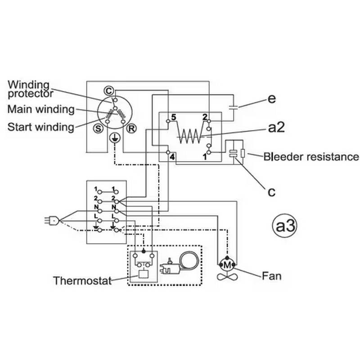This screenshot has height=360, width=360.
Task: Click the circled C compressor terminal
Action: [108, 90]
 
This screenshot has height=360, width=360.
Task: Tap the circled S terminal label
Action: [98, 127]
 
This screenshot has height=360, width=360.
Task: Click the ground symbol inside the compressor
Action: [115, 138]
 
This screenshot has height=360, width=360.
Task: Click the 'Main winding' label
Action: [41, 109]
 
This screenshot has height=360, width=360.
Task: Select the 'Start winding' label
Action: [41, 126]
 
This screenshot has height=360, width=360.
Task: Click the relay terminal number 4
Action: [173, 157]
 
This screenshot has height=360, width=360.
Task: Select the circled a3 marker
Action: [285, 225]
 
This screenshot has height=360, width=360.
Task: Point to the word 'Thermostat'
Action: [82, 281]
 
